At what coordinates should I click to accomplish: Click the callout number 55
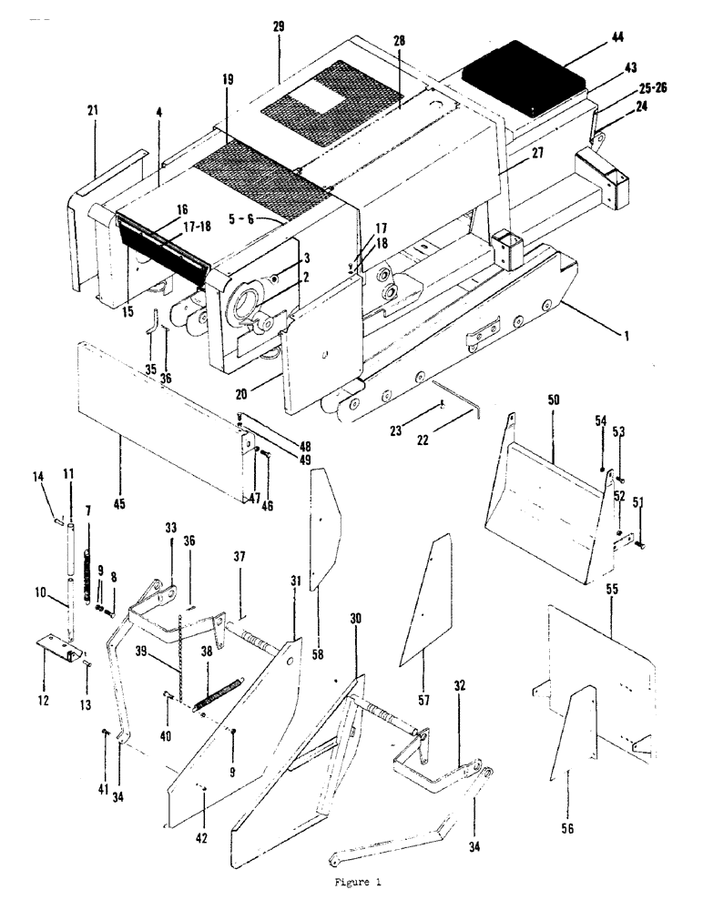pos(612,590)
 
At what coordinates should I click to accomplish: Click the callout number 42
pos(202,837)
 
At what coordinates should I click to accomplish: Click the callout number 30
pos(355,618)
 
